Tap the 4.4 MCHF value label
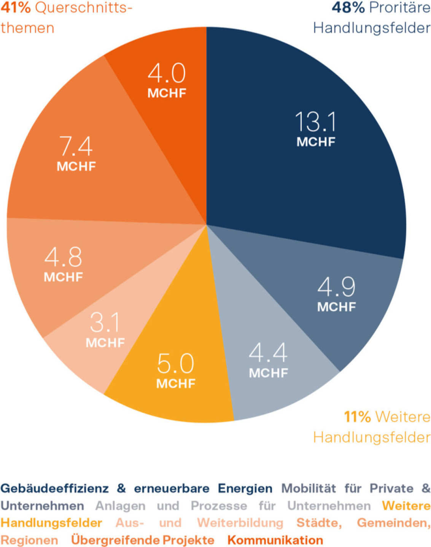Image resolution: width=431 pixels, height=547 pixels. tap(268, 360)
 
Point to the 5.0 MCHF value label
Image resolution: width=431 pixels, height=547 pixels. tap(176, 370)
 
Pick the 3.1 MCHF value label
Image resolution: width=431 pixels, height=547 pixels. tap(105, 330)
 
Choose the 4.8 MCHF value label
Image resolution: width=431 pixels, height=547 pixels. tap(63, 264)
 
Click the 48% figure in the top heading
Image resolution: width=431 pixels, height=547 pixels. tap(348, 8)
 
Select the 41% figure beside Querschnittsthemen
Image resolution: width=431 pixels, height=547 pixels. tap(16, 8)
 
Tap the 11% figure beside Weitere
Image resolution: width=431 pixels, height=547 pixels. tap(357, 417)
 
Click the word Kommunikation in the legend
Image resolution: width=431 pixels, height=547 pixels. tap(275, 540)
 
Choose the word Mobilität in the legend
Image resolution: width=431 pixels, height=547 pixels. tap(309, 488)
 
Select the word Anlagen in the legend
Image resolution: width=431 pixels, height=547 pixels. tap(120, 506)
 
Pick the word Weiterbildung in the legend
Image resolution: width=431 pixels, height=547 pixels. tap(240, 523)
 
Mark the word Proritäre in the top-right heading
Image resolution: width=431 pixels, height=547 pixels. tap(399, 8)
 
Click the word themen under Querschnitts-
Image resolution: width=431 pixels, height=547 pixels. tap(27, 28)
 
